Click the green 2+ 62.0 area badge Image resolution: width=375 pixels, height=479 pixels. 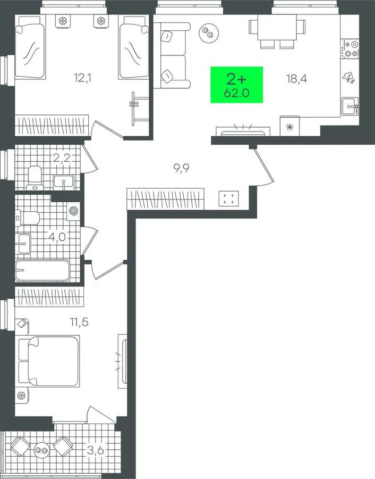pos(236,85)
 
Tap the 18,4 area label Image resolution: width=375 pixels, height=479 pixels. pos(296,79)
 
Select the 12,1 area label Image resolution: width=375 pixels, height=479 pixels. pos(83,78)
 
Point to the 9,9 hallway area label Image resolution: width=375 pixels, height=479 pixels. pos(182,168)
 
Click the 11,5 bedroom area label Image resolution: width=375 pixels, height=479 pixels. pos(79,321)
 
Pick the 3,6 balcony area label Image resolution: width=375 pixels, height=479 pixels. pos(96,450)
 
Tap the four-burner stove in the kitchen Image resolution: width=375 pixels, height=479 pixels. pos(350,49)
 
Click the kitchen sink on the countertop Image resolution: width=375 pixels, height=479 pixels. pos(350,106)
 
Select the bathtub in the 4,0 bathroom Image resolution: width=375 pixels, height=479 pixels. pos(42,270)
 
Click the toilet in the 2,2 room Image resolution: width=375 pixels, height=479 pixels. pos(33,177)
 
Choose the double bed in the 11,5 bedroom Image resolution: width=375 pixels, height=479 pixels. pos(49,361)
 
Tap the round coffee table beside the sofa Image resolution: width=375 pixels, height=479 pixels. pos(209,32)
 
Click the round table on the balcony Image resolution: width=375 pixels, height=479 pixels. pos(42,450)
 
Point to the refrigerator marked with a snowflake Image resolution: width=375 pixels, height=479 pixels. pos(289,126)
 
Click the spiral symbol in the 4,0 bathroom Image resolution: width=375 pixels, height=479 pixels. pos(73,211)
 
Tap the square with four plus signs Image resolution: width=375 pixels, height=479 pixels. pos(228,199)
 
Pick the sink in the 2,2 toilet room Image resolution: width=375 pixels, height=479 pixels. pos(63,181)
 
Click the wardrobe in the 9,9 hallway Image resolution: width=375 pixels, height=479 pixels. pos(166,199)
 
